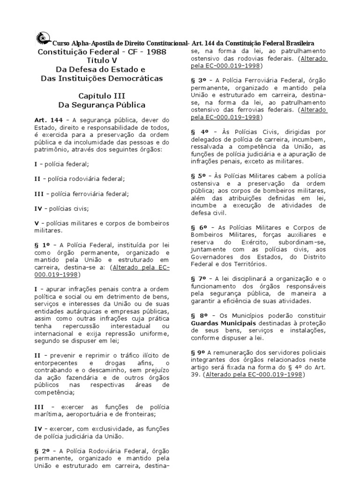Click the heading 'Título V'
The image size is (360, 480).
point(102,60)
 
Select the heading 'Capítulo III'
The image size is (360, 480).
point(102,96)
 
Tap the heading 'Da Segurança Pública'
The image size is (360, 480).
point(102,105)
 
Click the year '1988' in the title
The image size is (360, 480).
point(157,52)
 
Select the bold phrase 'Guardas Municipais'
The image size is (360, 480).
point(220,323)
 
